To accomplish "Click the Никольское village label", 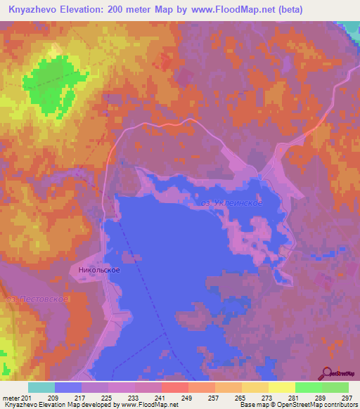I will point(99,270).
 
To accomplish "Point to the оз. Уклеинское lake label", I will point(230,203).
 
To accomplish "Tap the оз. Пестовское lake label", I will point(37,299).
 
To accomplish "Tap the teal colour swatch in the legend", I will point(41,387).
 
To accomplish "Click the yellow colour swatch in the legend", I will point(281,387).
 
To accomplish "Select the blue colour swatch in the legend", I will point(67,387).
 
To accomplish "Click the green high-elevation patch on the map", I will point(53,84).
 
